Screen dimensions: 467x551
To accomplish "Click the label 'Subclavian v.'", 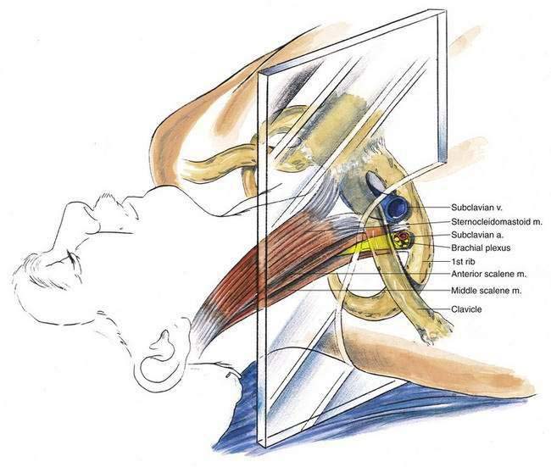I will coord(482,206).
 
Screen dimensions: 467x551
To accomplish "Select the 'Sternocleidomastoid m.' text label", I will coord(496,220).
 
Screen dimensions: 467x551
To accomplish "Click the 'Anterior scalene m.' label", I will coord(491,276).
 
